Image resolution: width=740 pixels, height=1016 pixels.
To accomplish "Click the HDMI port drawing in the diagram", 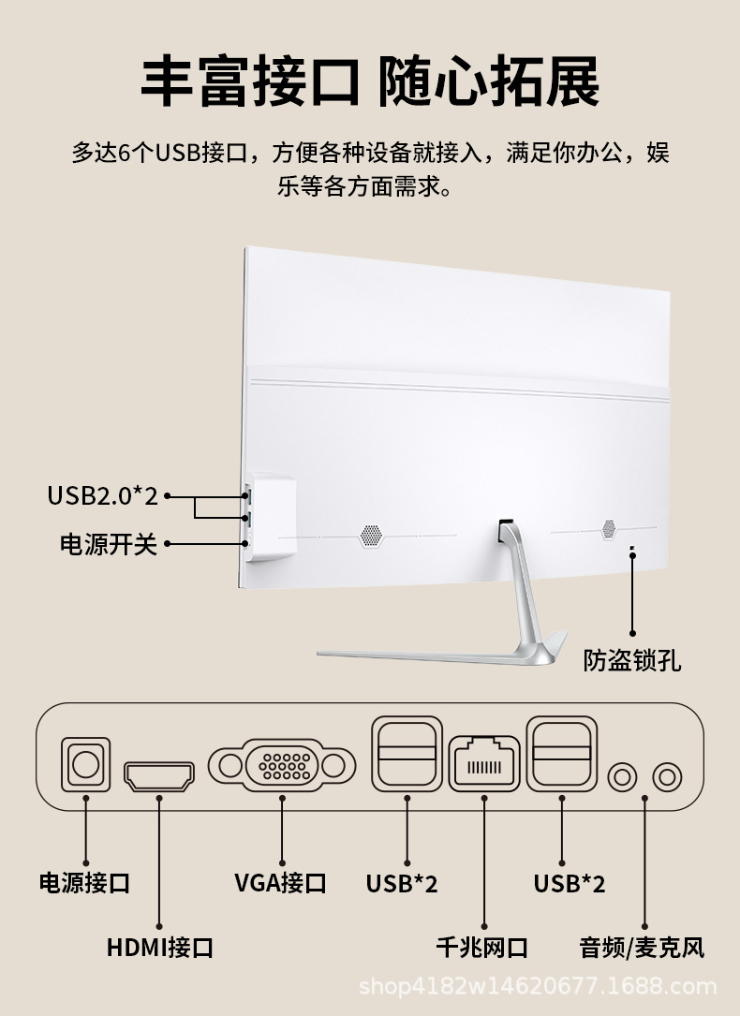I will pos(159,775).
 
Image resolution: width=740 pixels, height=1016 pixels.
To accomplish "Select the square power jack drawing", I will pos(85,764).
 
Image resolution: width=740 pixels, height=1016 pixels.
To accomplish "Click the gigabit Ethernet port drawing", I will pos(484,763).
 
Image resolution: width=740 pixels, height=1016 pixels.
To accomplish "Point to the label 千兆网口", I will pos(482,947).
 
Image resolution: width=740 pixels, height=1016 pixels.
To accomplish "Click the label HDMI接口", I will pos(160,947).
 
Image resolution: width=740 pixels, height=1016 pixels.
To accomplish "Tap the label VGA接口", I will pos(280,882).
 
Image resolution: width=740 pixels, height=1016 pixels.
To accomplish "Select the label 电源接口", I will pos(84,882).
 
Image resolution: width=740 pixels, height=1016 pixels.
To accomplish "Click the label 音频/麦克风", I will pos(642,947).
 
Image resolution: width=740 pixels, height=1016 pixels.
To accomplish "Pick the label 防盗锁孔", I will pos(632,660).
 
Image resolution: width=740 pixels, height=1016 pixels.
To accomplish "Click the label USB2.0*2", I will pos(103,495).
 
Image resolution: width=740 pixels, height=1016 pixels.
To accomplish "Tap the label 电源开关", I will pos(109,544).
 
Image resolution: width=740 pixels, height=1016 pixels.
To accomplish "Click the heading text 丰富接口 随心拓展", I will pos(370,82).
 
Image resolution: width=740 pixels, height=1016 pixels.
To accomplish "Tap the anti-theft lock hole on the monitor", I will pos(631,550).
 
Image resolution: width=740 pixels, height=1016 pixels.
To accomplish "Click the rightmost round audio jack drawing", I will pos(667,775).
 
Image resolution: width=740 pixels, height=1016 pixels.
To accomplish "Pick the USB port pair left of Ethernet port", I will pos(407,752).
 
